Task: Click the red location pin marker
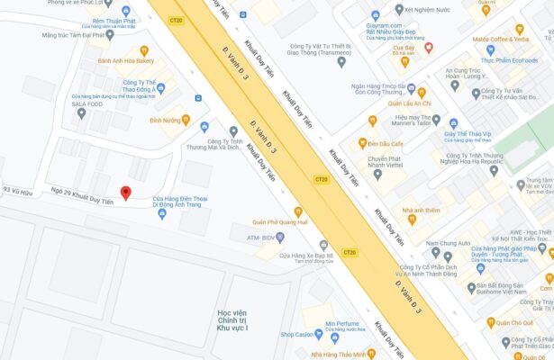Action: pyautogui.click(x=125, y=193)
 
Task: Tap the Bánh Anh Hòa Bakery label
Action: pyautogui.click(x=125, y=61)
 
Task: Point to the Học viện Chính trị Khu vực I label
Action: pyautogui.click(x=232, y=320)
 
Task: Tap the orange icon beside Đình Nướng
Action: pyautogui.click(x=186, y=119)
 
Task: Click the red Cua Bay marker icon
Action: pyautogui.click(x=429, y=48)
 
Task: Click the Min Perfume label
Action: pyautogui.click(x=342, y=323)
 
